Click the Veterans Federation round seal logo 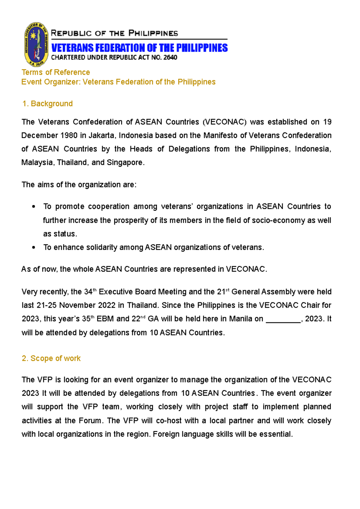coord(36,44)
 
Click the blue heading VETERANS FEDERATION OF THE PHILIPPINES coord(139,48)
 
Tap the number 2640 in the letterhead coord(170,58)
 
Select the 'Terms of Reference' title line coord(55,72)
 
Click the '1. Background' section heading coord(47,104)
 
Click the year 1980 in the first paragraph coord(69,135)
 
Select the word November coord(76,305)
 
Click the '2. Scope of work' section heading coord(51,359)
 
